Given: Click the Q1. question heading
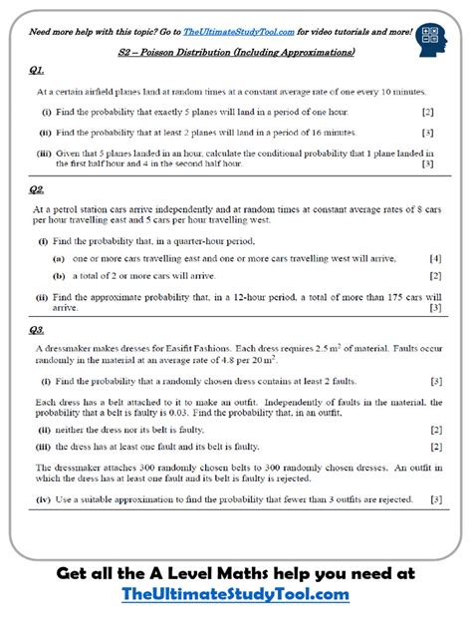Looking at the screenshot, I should [37, 71].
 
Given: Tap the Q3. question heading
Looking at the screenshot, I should [37, 329].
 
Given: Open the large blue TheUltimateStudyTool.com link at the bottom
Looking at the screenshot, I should [235, 594].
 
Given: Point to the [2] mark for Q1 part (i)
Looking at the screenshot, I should [427, 112].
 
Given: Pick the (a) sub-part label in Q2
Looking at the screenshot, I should [59, 258].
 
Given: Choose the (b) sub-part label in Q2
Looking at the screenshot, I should [59, 275].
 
